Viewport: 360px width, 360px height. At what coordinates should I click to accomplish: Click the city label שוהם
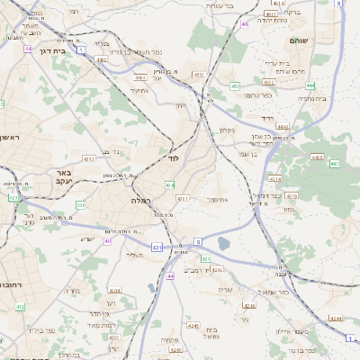(x=299, y=41)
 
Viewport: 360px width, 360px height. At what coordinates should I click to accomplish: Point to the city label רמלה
(x=141, y=200)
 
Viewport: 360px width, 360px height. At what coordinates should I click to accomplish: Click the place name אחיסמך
(x=218, y=199)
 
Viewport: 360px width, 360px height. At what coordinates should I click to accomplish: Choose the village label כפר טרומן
(x=257, y=94)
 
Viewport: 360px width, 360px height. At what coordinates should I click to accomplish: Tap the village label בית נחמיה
(x=335, y=99)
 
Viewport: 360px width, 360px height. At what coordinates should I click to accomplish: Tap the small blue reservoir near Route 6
(x=223, y=243)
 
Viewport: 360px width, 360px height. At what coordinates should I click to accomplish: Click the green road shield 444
(x=310, y=85)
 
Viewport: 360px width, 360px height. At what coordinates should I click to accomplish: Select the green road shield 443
(x=334, y=164)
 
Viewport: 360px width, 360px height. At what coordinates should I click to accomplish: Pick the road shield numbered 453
(x=234, y=86)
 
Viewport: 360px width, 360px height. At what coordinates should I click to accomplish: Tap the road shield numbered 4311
(x=183, y=198)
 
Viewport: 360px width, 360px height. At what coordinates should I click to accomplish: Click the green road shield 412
(x=20, y=307)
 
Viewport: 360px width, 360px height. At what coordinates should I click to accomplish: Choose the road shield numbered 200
(x=80, y=205)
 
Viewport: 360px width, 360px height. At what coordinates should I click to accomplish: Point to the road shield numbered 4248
(x=192, y=325)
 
